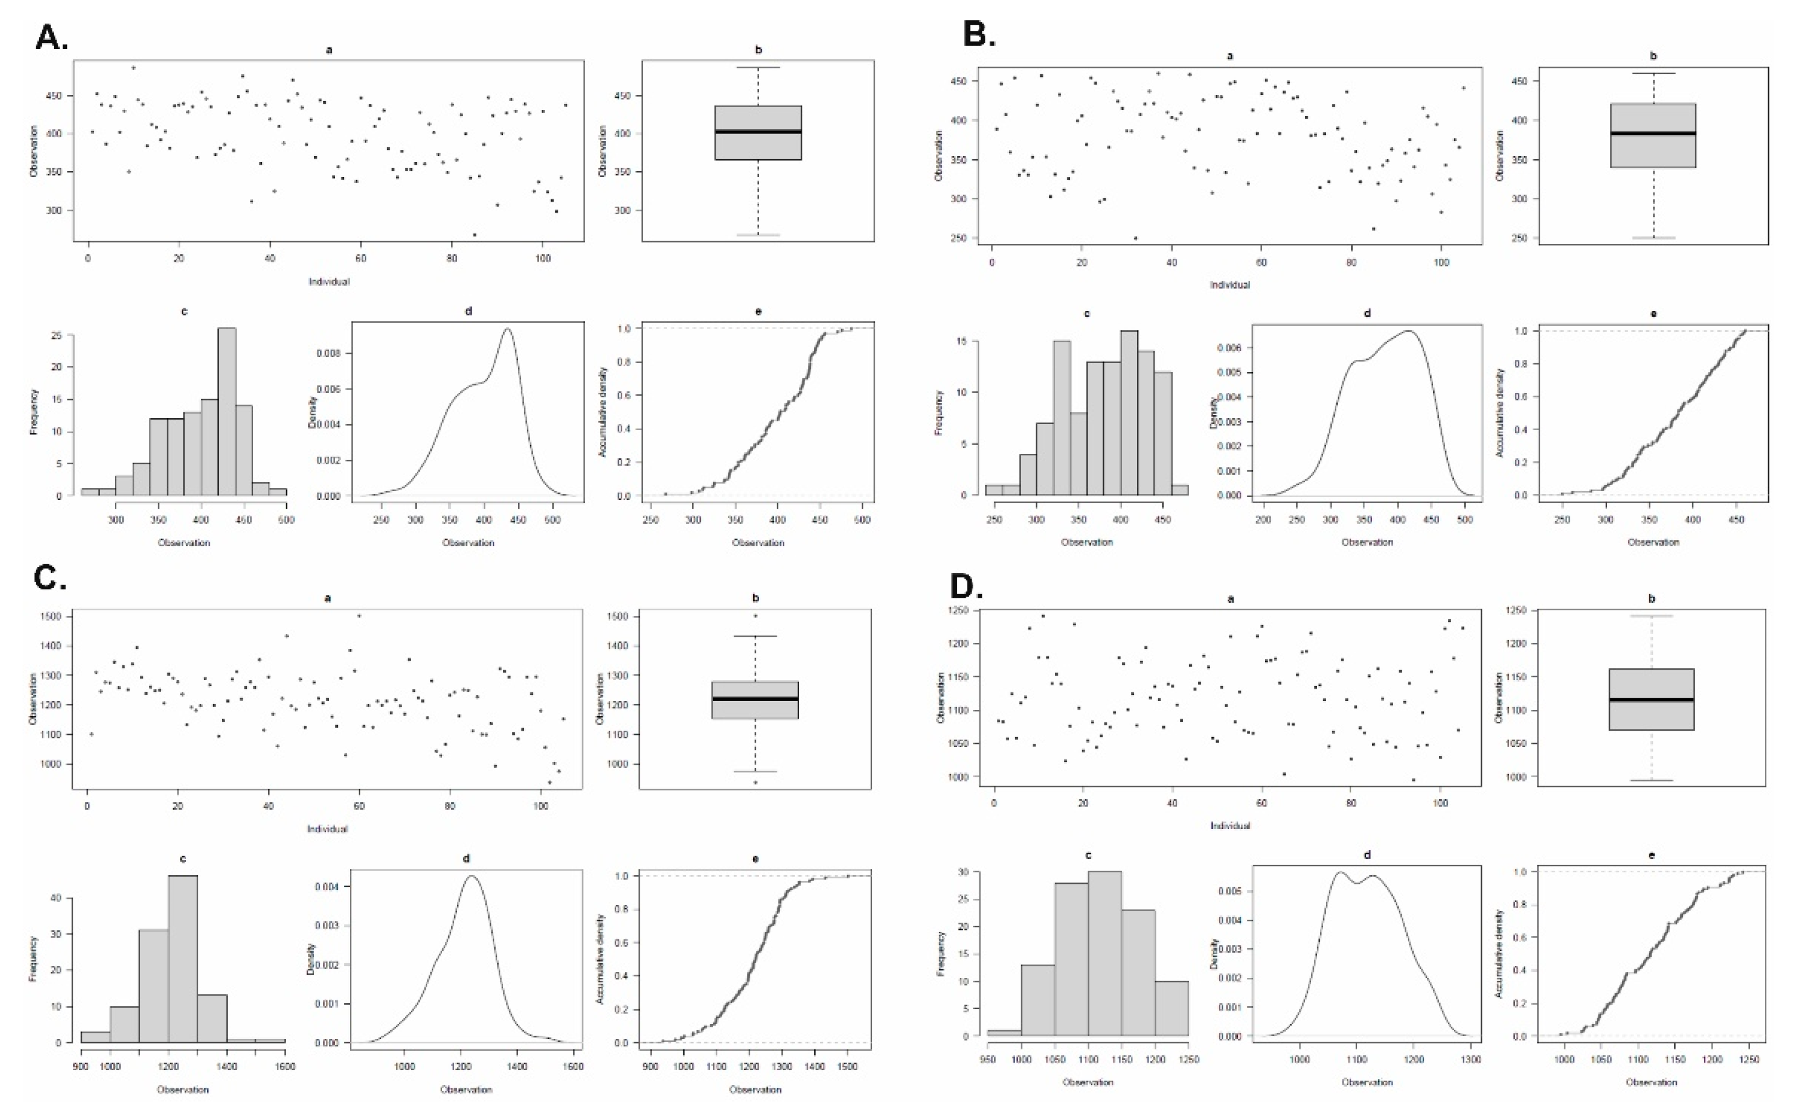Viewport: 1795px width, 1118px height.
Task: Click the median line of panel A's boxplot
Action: coord(758,132)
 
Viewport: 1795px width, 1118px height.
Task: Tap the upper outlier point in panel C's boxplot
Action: coord(755,615)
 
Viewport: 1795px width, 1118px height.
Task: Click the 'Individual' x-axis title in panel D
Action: coord(1230,825)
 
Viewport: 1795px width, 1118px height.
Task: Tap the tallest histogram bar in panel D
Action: coord(1105,953)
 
